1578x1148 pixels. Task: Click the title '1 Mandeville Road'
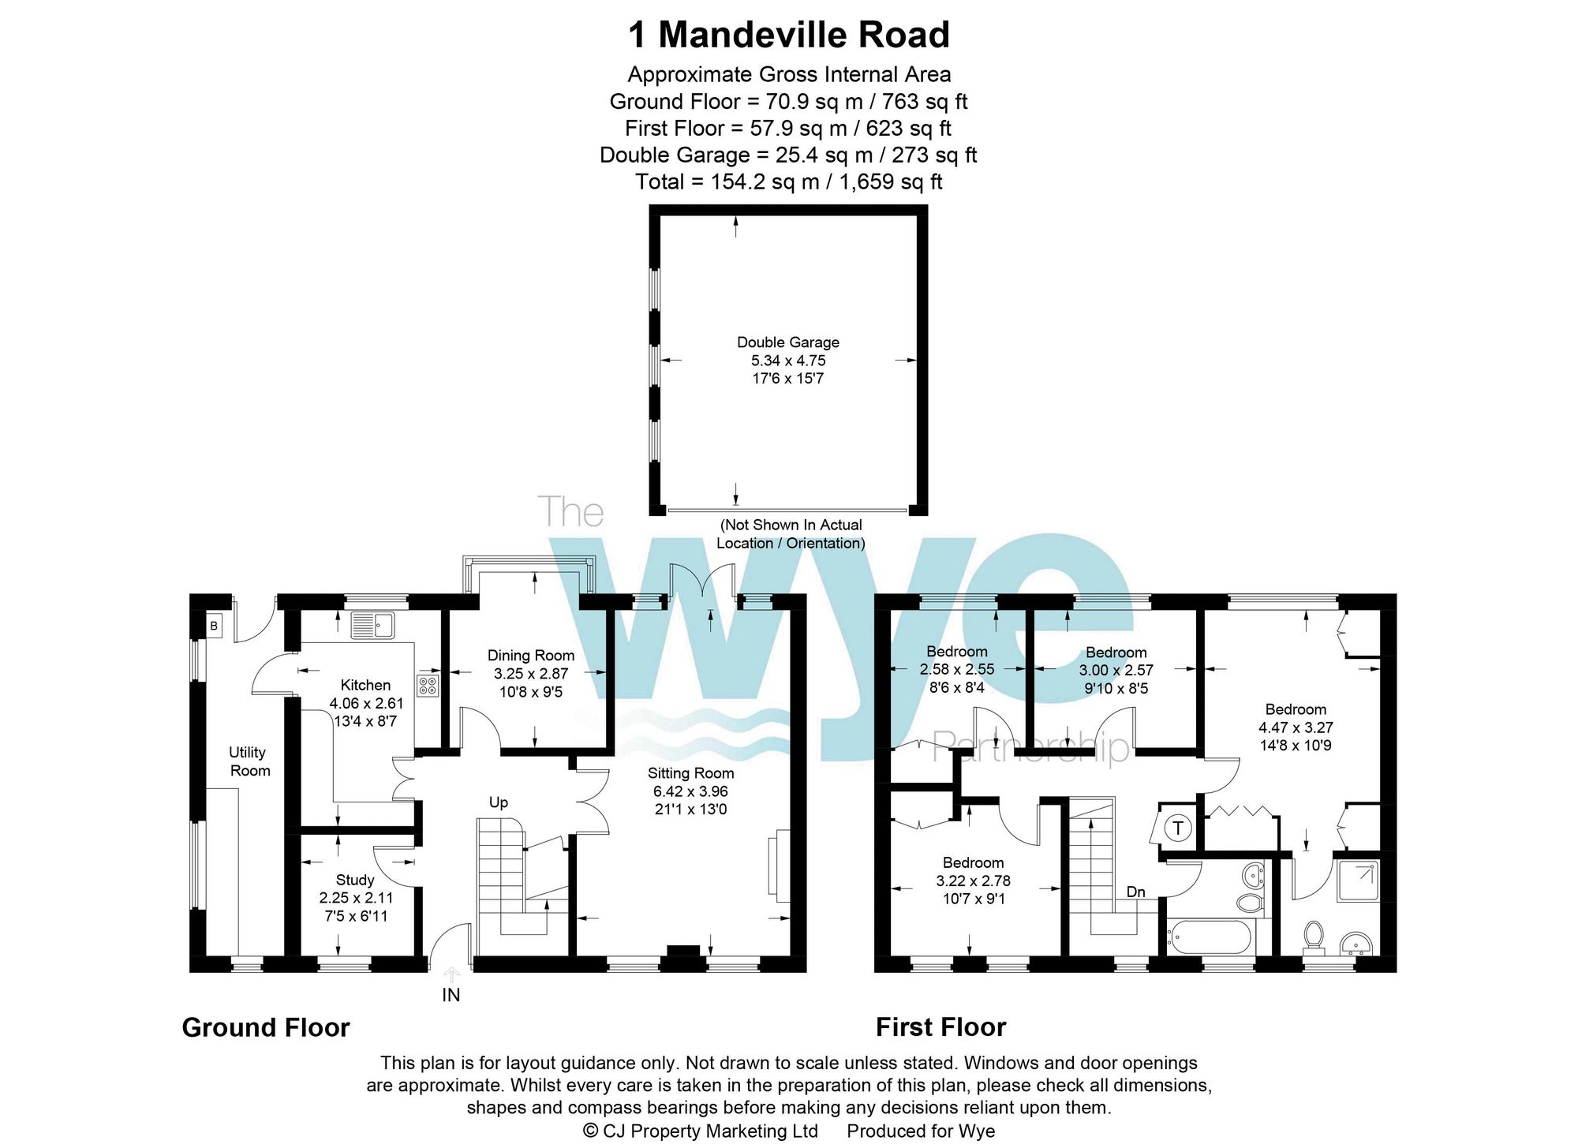(x=788, y=36)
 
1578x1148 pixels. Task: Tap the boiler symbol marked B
(x=214, y=626)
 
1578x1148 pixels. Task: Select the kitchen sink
(x=373, y=626)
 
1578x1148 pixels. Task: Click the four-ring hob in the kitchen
(x=428, y=685)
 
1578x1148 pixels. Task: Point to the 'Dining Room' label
(x=530, y=656)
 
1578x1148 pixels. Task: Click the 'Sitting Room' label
(x=690, y=773)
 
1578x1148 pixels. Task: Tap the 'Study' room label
(x=355, y=880)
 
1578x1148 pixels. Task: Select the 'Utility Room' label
(x=249, y=761)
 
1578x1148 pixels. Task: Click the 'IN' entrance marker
(x=451, y=996)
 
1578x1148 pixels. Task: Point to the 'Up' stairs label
(x=498, y=802)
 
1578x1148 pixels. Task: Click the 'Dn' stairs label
(x=1135, y=892)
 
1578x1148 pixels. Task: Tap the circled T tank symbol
(x=1178, y=828)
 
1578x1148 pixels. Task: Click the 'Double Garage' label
(x=787, y=342)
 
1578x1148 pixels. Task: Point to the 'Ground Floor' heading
(x=266, y=1027)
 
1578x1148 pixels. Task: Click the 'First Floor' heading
(x=940, y=1027)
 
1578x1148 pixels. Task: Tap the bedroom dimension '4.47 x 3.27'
(x=1295, y=727)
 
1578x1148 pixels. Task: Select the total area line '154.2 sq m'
(x=788, y=182)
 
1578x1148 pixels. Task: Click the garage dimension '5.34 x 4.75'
(x=787, y=361)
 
